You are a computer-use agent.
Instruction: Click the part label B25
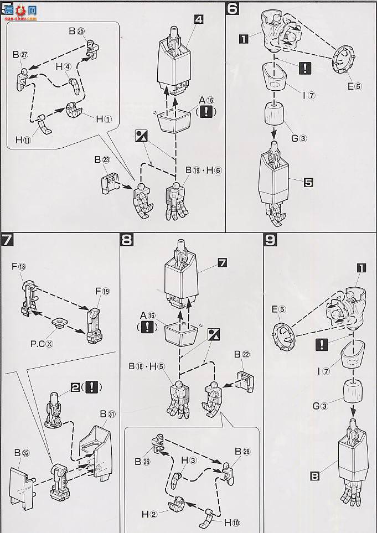point(76,32)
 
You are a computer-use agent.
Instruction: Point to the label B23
point(102,160)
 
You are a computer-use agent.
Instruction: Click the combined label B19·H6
point(203,170)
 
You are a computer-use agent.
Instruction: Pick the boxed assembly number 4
point(199,19)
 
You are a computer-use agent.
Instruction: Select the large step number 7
point(7,241)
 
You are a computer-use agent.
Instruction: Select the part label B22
point(242,355)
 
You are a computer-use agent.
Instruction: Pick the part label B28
point(242,451)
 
